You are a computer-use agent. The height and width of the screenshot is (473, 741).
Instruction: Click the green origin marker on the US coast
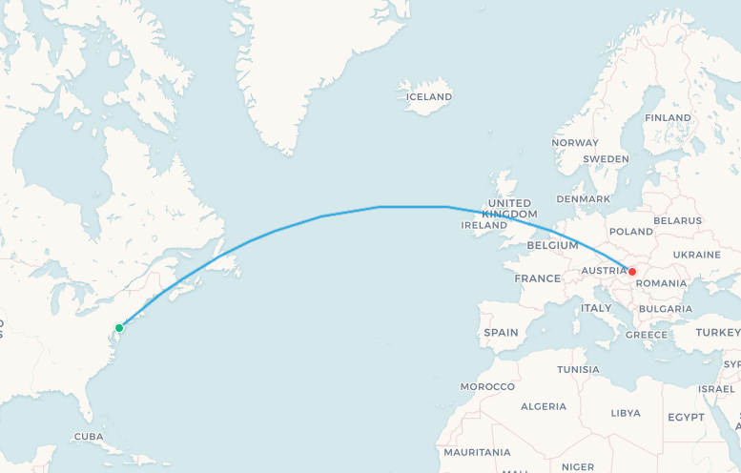pos(119,328)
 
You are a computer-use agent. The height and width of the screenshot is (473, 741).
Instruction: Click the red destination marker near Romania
pos(631,272)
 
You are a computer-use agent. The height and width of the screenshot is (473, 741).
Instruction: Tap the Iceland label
pos(429,96)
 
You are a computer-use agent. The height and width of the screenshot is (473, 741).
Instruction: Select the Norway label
pos(575,143)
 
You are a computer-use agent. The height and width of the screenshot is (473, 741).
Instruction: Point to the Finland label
pos(668,117)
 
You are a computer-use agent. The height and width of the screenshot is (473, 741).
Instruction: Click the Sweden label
pos(606,158)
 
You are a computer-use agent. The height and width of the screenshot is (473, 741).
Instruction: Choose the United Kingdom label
pos(509,209)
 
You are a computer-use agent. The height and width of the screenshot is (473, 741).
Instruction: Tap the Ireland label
pos(484,226)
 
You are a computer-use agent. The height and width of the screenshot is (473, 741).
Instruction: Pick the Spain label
pos(501,333)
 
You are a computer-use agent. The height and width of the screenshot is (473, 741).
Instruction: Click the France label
pos(538,278)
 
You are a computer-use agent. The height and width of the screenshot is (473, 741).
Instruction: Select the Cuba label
pos(88,437)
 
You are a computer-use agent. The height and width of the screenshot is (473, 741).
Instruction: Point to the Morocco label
pos(487,386)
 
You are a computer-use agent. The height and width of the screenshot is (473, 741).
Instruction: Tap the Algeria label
pos(544,406)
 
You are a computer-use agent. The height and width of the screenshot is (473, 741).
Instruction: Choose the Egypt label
pos(686,418)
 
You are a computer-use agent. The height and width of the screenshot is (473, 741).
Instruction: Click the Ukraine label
pos(696,255)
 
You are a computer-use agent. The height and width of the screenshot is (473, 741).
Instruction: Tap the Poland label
pos(630,232)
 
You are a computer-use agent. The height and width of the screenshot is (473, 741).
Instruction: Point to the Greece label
pos(647,335)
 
